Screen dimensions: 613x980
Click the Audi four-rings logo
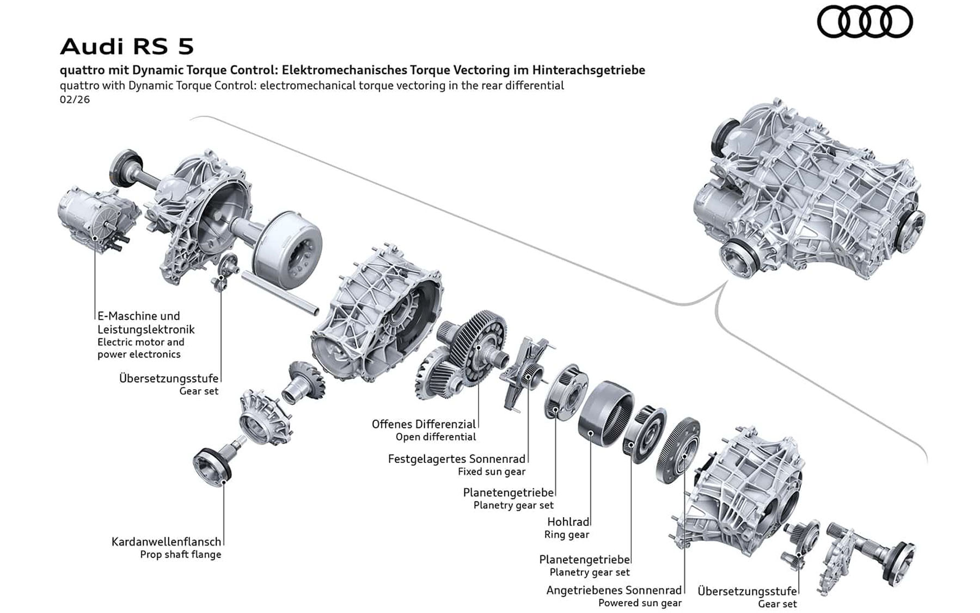point(864,22)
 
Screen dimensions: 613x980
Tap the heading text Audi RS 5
point(127,47)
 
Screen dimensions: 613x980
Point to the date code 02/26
point(75,100)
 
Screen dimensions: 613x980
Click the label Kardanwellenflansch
point(166,542)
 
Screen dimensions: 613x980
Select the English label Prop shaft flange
point(180,555)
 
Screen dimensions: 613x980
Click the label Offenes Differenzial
point(424,424)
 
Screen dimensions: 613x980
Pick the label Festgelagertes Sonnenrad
point(456,459)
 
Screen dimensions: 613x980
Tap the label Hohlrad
point(568,522)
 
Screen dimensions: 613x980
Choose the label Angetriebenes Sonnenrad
point(614,590)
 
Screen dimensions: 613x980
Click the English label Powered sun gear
point(640,603)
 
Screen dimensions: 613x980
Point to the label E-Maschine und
point(138,316)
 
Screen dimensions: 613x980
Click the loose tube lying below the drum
point(280,294)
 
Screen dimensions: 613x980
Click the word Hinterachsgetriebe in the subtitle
point(589,70)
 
